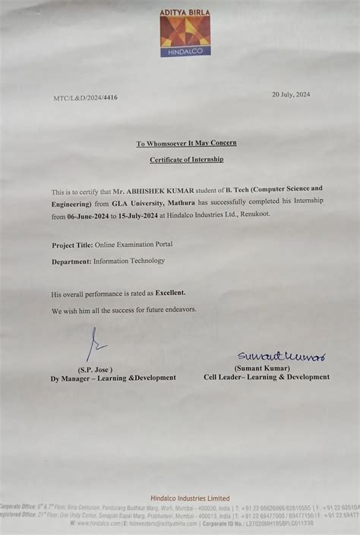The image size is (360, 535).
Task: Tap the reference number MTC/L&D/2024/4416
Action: tap(86, 98)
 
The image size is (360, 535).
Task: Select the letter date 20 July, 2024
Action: tap(292, 94)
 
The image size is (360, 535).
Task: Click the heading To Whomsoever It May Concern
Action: tap(186, 144)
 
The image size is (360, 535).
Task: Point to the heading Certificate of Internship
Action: tap(186, 160)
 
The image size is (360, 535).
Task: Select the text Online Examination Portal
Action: tap(134, 245)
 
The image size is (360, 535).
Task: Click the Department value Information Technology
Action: tap(128, 261)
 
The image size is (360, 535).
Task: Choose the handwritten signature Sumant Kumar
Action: tap(280, 356)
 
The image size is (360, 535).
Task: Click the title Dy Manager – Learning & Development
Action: tap(113, 378)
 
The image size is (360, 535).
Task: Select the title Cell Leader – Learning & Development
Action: tap(267, 377)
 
